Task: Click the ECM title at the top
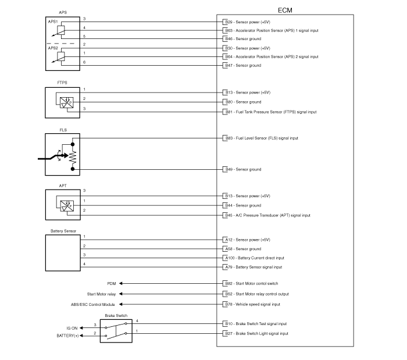click(285, 10)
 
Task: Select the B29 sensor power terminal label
click(248, 22)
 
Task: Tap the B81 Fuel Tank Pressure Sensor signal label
click(271, 112)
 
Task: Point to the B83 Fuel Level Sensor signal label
click(262, 138)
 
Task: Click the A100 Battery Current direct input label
click(255, 258)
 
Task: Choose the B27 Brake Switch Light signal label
click(257, 333)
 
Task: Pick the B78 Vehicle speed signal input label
click(252, 304)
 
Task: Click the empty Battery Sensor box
click(63, 253)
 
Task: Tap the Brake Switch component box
click(116, 331)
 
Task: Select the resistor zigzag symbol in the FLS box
click(73, 157)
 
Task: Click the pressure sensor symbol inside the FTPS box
click(67, 102)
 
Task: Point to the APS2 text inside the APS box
click(53, 48)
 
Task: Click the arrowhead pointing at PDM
click(121, 283)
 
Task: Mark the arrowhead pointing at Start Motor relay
click(121, 294)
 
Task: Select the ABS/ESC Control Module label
click(92, 304)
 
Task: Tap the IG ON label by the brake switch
click(72, 328)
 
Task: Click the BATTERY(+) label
click(67, 336)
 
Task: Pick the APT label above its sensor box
click(63, 186)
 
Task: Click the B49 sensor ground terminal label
click(243, 169)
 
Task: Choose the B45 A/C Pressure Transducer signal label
click(267, 215)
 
